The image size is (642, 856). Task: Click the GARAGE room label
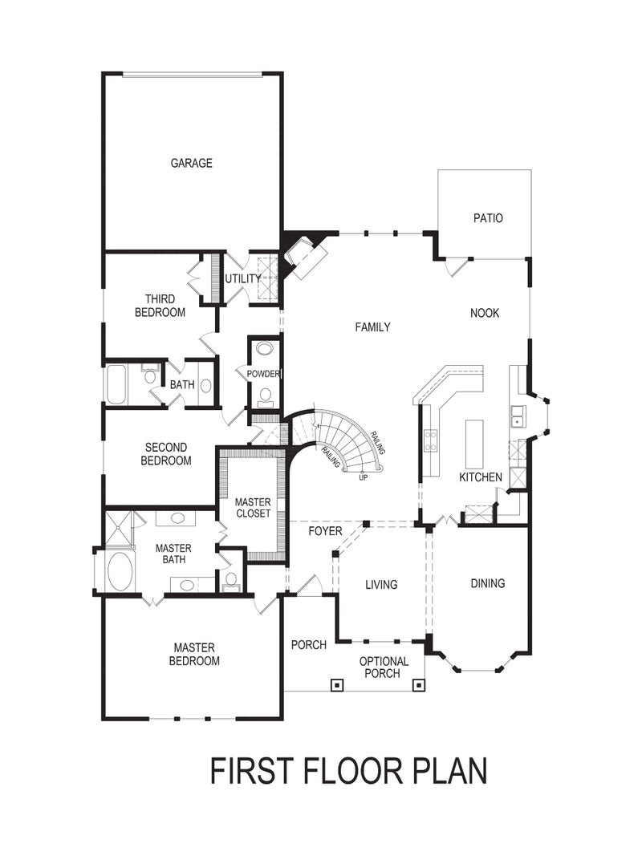191,163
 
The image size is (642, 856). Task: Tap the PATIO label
488,217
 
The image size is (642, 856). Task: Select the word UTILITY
242,278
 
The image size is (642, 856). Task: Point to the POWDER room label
263,375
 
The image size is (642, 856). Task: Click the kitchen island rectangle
475,443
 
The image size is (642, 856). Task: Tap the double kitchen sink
518,415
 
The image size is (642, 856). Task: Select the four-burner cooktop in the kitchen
430,441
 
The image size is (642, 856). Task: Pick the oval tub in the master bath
120,571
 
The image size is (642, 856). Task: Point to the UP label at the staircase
364,477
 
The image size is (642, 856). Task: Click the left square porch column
337,685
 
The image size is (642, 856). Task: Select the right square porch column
418,685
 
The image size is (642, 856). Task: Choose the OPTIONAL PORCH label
383,667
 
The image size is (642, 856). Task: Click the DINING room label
488,583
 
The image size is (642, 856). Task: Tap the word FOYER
325,531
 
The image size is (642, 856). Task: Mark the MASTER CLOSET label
253,507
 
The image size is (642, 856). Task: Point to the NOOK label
485,313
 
